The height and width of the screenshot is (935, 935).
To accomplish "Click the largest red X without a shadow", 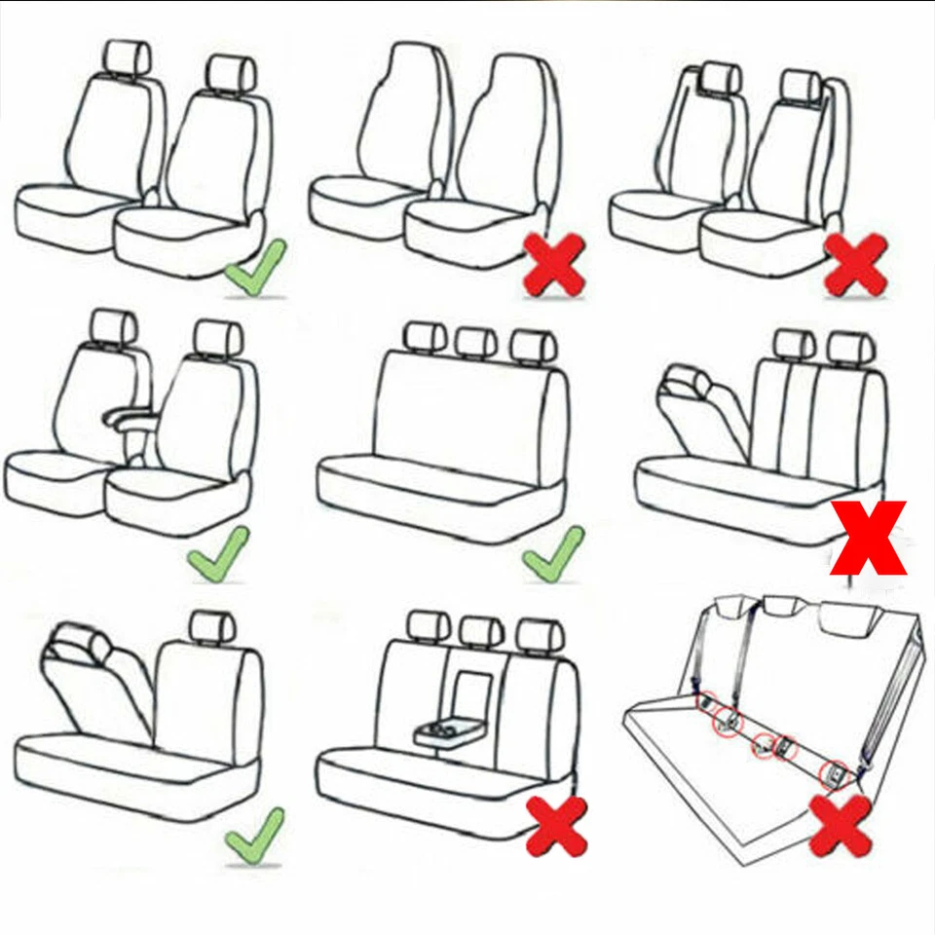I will click(869, 538).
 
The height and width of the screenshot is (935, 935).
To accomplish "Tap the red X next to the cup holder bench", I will click(556, 826).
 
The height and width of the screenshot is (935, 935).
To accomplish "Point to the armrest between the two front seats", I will click(130, 420).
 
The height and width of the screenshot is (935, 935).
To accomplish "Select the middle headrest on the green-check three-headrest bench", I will click(475, 341).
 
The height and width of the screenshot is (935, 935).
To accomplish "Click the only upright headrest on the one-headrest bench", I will click(212, 628).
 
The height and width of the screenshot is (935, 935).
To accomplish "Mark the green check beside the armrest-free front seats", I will click(255, 267).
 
